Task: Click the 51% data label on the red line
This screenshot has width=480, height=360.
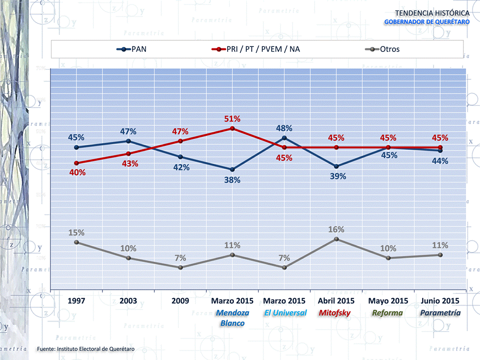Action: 232,119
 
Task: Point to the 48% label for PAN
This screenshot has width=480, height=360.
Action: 284,128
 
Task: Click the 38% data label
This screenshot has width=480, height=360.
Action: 232,180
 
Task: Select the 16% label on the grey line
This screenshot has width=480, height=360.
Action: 336,230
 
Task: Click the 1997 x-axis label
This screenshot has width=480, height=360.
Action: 76,301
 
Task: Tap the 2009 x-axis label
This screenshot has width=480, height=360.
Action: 180,301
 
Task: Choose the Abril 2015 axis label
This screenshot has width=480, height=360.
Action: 336,301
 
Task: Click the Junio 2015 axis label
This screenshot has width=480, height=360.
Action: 440,301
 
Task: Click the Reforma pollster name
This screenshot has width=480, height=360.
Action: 388,313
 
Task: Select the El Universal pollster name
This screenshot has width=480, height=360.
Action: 284,313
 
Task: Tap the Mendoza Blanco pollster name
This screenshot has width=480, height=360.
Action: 232,318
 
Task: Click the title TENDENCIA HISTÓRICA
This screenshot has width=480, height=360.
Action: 432,12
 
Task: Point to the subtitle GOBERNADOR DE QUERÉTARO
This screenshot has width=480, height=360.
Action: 427,22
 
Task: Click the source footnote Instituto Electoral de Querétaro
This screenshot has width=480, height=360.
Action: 86,348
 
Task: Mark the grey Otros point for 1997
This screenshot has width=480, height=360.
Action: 76,242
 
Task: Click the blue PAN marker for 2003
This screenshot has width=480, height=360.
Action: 128,141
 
